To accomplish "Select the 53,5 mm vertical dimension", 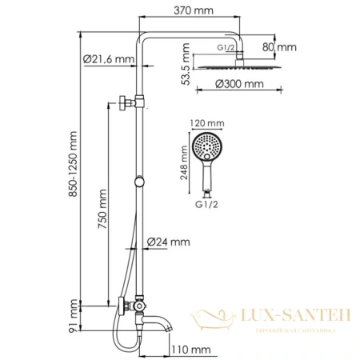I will pyautogui.click(x=185, y=63).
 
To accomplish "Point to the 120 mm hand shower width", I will pyautogui.click(x=206, y=124).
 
